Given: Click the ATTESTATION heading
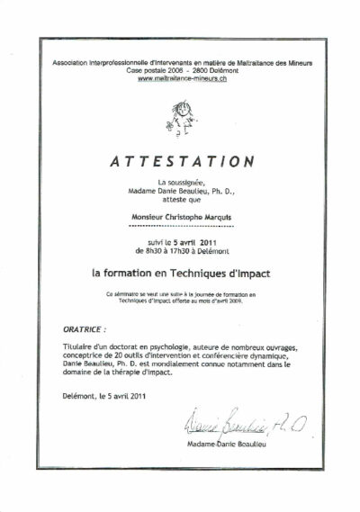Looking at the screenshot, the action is click(x=180, y=162).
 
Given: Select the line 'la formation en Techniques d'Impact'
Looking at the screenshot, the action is click(x=181, y=269).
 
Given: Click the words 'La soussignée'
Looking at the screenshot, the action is click(x=181, y=182).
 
